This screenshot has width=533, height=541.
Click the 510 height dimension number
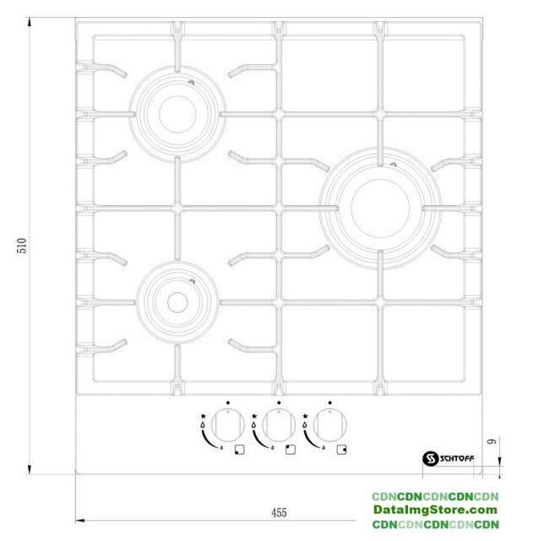[x=22, y=245]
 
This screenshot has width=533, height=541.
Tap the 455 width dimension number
[x=279, y=513]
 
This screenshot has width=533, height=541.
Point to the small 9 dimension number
[x=492, y=441]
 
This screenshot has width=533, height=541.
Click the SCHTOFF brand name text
[x=457, y=458]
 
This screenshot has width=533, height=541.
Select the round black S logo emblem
[x=431, y=458]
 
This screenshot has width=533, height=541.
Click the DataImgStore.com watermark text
[x=435, y=510]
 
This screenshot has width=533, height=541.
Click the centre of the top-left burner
[x=177, y=114]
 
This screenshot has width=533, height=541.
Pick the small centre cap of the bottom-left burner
[x=177, y=303]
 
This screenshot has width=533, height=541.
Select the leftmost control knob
[x=227, y=425]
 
